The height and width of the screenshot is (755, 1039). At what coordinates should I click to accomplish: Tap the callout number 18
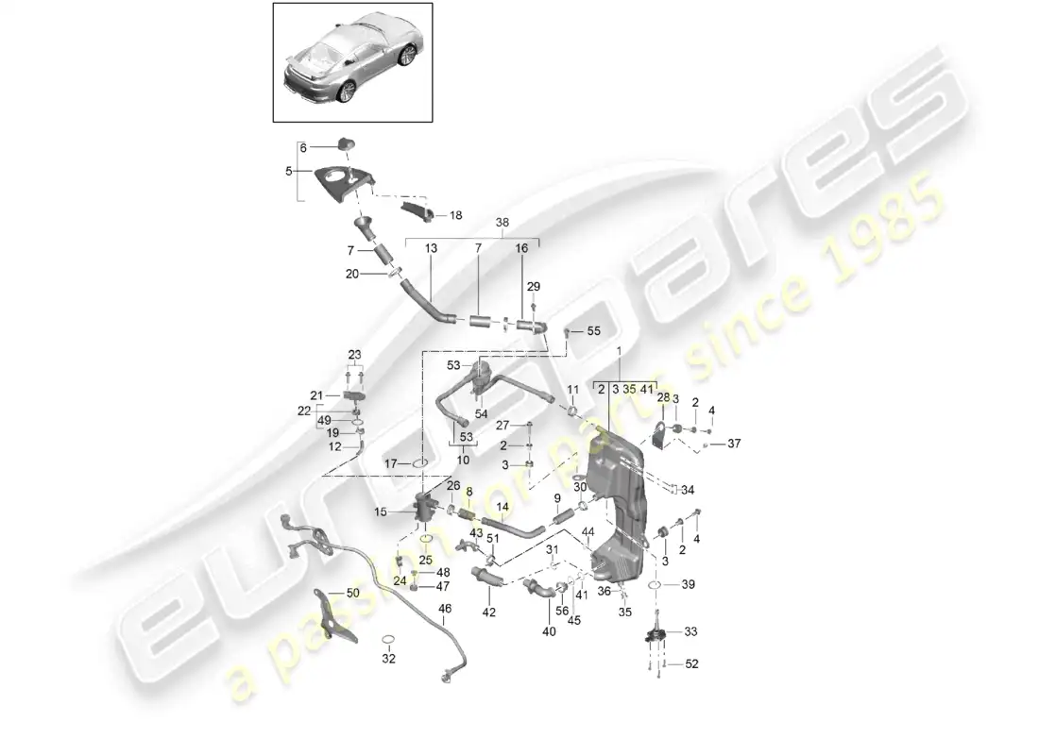[x=456, y=216]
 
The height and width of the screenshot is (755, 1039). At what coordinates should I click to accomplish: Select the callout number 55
[x=594, y=332]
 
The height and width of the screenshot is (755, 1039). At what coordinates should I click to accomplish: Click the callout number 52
[x=692, y=664]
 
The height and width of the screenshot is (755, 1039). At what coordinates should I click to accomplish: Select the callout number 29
[x=534, y=286]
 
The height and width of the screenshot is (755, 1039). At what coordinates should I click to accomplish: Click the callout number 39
[x=688, y=585]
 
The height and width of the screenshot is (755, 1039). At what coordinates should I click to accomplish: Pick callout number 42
[x=488, y=612]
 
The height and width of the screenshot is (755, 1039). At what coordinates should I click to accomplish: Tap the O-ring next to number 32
[x=388, y=642]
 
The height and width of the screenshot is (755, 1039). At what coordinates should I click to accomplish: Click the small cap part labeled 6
[x=344, y=143]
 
